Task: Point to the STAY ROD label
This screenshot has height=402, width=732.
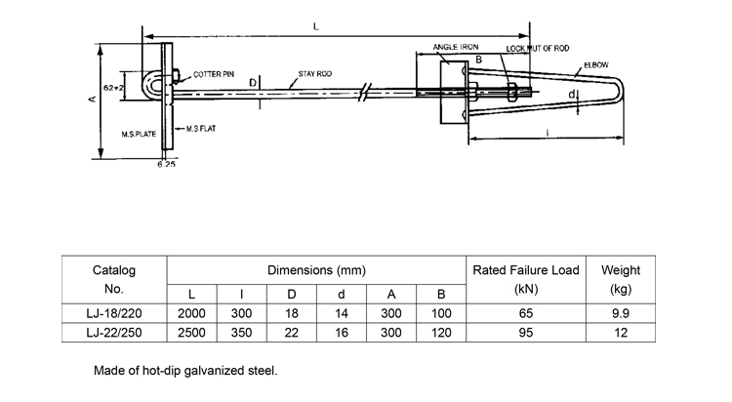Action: click(x=314, y=74)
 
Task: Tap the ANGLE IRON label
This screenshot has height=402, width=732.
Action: click(x=455, y=47)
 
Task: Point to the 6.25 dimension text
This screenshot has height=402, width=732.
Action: click(x=167, y=165)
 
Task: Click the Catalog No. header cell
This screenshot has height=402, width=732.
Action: click(x=114, y=279)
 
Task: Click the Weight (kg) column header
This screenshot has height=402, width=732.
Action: click(x=621, y=279)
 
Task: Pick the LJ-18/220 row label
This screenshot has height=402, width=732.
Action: click(x=114, y=313)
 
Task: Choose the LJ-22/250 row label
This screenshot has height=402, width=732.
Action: click(x=114, y=334)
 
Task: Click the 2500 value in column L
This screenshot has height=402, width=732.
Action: click(x=192, y=334)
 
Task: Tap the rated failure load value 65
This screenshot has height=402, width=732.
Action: click(x=525, y=313)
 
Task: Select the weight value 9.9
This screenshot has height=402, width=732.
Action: click(x=621, y=313)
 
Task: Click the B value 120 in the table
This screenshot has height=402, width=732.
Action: click(x=441, y=334)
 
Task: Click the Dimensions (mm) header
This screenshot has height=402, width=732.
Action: click(x=316, y=269)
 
